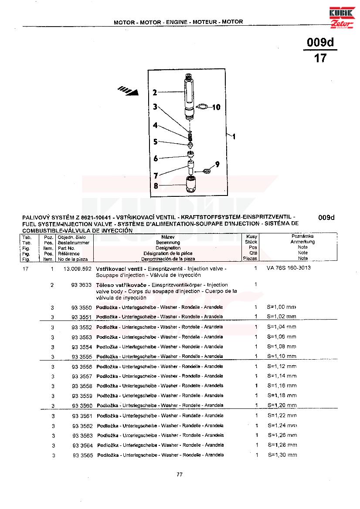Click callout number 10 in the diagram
(x=216, y=107)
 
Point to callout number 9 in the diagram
(x=217, y=164)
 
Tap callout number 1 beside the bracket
(x=234, y=136)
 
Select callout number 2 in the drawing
(x=155, y=92)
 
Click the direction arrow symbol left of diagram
(x=128, y=91)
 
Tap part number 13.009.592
(x=77, y=269)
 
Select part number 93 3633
(x=82, y=285)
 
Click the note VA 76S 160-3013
(x=289, y=268)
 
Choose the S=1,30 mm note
(x=282, y=455)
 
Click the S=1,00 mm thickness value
(x=282, y=307)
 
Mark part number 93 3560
(x=82, y=406)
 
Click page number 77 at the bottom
(x=180, y=475)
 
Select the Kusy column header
(x=251, y=236)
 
